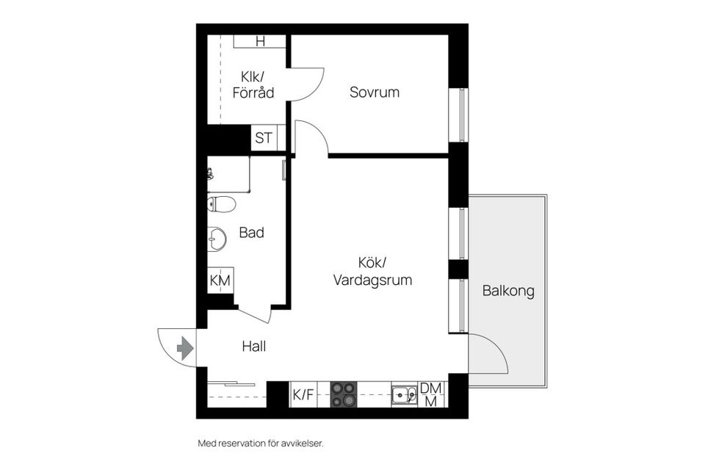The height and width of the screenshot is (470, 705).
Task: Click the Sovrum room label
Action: [375, 93]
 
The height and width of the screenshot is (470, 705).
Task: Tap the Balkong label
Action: [508, 291]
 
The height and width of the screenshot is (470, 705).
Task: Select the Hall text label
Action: [253, 346]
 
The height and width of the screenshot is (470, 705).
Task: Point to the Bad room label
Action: [251, 233]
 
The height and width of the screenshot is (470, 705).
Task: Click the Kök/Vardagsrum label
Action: [372, 271]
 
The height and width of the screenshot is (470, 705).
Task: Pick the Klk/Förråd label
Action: [253, 84]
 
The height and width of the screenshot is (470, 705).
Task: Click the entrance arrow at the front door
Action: [185, 347]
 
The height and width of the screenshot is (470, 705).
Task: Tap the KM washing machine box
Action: [220, 280]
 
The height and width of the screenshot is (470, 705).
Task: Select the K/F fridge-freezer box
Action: [303, 394]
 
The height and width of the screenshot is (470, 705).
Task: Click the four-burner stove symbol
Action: [344, 394]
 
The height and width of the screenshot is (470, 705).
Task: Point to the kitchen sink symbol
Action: [401, 394]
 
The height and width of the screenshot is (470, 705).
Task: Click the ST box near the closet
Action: [264, 137]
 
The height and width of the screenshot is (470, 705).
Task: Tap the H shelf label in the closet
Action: [260, 41]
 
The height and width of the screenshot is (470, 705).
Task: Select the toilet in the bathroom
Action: [221, 204]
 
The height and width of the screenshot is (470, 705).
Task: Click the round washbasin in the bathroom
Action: [217, 238]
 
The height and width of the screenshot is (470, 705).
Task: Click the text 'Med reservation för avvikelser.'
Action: [261, 443]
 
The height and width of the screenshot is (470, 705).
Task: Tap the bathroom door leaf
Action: [254, 315]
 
